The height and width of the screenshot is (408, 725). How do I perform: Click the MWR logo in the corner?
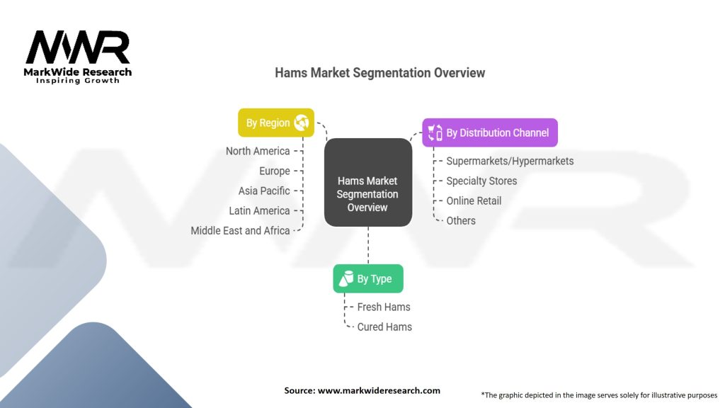coord(78,48)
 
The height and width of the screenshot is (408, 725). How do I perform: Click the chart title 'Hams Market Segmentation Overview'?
coord(379,73)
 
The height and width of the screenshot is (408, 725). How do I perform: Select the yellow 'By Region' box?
coord(275,123)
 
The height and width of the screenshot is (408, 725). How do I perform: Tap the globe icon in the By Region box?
coord(302,123)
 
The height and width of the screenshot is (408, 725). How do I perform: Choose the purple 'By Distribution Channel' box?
coord(489,132)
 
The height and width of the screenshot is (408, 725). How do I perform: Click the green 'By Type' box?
coord(367,278)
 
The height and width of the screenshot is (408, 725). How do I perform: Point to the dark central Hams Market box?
coord(367,182)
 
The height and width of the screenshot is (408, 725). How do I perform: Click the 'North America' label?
coord(258,151)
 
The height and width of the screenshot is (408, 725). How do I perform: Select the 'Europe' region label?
coord(275,171)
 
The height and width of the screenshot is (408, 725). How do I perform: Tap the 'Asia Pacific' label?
coord(264,191)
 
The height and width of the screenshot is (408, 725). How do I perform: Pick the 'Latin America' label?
coord(259,210)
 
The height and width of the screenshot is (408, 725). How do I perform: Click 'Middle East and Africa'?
coord(240,230)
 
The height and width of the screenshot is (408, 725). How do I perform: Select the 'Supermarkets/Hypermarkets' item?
coord(510,161)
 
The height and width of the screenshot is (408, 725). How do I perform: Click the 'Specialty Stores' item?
coord(481,181)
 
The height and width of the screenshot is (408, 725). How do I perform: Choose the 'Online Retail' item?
coord(474,200)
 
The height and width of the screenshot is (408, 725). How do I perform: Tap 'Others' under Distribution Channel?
coord(461,220)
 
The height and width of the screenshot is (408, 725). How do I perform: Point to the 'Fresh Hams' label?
coord(384,307)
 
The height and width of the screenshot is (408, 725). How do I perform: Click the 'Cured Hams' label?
coord(384,327)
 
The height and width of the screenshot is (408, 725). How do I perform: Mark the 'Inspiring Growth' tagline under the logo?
coord(78,81)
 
